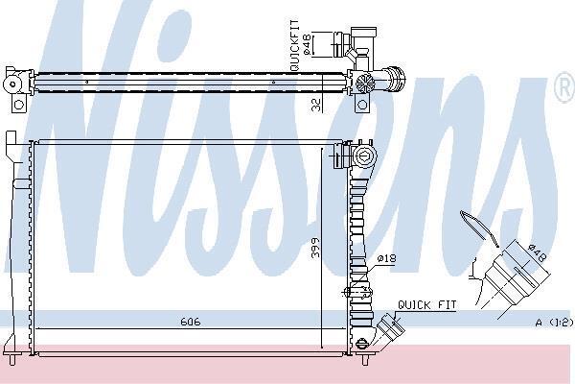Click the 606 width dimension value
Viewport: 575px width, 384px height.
191,322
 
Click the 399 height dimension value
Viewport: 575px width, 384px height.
315,248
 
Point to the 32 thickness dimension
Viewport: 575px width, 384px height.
316,105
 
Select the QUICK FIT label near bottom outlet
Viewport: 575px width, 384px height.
427,305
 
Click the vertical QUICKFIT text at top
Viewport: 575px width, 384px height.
294,45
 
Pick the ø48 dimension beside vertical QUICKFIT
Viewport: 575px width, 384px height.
307,44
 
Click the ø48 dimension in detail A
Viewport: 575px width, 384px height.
538,252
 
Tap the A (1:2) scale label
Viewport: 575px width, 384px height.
554,323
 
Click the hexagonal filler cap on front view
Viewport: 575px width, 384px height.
365,156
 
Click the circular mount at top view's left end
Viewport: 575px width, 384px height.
12,84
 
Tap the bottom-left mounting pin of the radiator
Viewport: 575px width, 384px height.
12,359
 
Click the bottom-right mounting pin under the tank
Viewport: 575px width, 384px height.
365,359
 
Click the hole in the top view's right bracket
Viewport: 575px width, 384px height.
362,105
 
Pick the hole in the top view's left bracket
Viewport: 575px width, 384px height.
18,105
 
